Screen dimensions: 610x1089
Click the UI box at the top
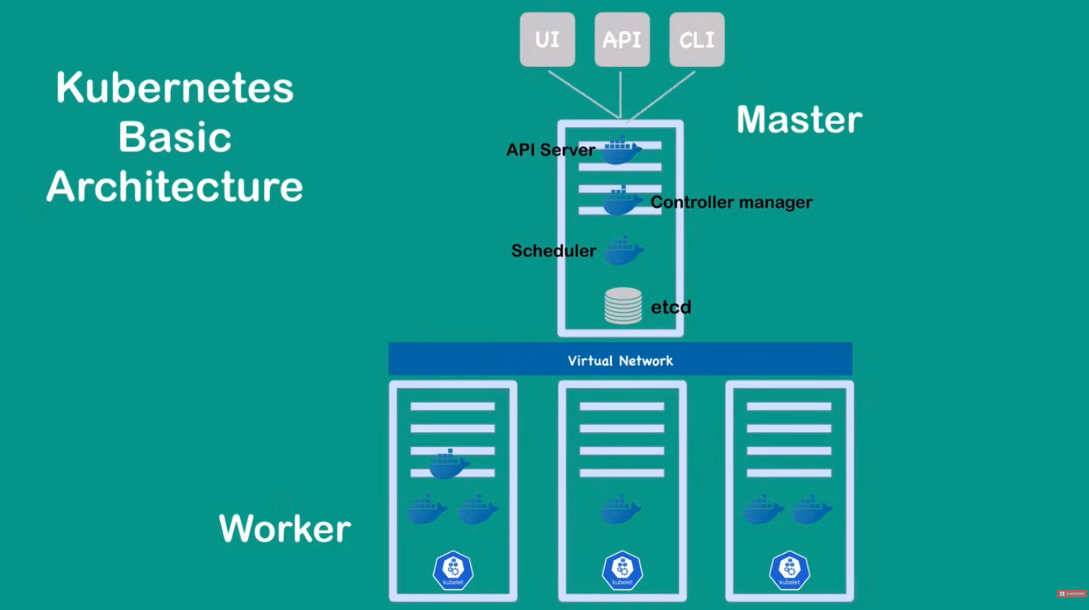(x=547, y=39)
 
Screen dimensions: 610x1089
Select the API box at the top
(x=622, y=39)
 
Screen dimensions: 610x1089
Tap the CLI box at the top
(x=696, y=39)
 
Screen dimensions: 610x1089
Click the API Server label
(x=550, y=149)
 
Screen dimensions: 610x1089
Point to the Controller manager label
(x=731, y=203)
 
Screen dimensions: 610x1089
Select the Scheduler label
(x=553, y=251)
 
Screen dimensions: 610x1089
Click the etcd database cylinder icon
(x=623, y=306)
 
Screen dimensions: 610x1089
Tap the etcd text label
(x=671, y=307)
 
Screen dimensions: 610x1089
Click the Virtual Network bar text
(x=620, y=360)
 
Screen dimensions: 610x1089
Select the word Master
(x=799, y=120)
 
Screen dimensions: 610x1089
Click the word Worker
(x=285, y=529)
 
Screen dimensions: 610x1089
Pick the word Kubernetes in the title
(x=175, y=88)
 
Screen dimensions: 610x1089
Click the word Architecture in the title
(x=175, y=187)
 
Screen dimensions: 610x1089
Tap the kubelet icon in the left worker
(x=453, y=571)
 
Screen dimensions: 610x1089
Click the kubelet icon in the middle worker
(x=622, y=571)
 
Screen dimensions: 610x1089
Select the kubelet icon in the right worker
(x=790, y=571)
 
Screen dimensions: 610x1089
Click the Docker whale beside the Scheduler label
(x=623, y=251)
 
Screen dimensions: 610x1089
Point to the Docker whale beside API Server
(x=620, y=150)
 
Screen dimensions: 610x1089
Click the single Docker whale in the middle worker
(x=620, y=511)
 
